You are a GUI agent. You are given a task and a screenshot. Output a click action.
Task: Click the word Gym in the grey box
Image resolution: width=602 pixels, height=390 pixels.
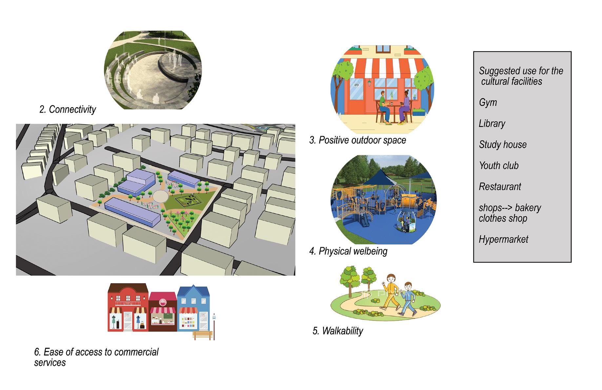click(488, 102)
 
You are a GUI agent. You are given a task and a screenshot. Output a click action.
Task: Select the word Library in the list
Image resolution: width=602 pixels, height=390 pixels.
click(492, 123)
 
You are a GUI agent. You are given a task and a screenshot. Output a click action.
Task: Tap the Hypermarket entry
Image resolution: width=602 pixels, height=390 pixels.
click(503, 239)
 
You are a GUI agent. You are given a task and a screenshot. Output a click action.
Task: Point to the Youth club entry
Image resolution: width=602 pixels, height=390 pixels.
click(499, 166)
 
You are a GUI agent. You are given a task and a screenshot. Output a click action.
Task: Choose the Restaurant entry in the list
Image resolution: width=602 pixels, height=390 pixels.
click(500, 187)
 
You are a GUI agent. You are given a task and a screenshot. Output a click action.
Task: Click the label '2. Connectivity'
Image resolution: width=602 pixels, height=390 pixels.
click(68, 109)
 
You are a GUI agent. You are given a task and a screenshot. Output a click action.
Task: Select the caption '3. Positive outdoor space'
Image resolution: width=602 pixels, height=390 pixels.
click(357, 140)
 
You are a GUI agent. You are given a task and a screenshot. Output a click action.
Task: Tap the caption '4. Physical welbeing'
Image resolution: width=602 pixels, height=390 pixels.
click(348, 251)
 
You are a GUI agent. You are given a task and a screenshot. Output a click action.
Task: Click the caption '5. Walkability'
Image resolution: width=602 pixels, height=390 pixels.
click(338, 331)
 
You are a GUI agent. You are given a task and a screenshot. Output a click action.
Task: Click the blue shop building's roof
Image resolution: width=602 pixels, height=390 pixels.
click(193, 291)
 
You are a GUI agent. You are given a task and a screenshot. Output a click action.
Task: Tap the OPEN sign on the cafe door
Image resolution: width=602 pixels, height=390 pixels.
click(356, 85)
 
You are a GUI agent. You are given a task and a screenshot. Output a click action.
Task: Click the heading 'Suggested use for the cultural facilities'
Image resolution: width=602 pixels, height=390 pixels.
click(520, 76)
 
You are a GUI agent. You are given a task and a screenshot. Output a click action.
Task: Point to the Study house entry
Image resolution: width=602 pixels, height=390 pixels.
click(503, 144)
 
